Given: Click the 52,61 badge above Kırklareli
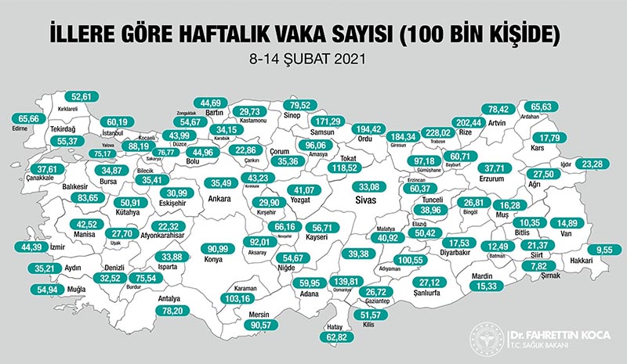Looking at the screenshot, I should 82,96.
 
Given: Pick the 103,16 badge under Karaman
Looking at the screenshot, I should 241,299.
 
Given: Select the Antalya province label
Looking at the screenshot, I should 169,297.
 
